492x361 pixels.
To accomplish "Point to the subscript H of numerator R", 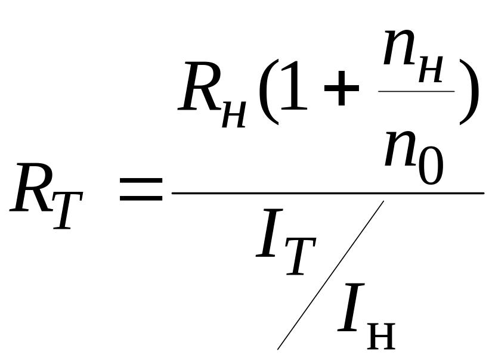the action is point(233,113).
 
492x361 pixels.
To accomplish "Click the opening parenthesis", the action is point(268,92).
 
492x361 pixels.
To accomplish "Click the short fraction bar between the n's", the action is point(417,91).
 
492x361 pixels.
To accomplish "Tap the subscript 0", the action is point(431,167).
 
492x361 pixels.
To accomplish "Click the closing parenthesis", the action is point(469,92).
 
